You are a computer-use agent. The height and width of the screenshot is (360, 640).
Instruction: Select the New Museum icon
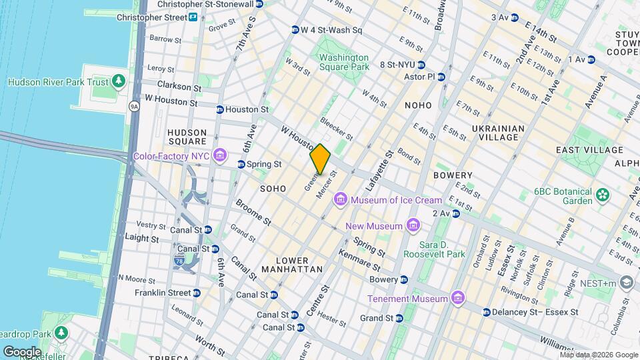click(x=413, y=226)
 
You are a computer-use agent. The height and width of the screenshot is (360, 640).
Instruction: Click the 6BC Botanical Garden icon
click(x=603, y=195)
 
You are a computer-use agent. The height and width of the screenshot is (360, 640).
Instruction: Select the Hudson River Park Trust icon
click(x=119, y=81)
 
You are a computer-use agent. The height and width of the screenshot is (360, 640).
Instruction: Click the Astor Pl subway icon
click(x=441, y=77)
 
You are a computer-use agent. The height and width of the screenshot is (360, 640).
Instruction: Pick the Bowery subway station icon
click(x=404, y=279)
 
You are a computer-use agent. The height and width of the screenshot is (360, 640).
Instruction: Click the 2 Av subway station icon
click(x=456, y=213)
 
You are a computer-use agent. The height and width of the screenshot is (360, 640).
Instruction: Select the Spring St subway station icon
click(x=241, y=164)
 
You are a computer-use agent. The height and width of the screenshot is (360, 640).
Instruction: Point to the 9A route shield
click(x=134, y=106)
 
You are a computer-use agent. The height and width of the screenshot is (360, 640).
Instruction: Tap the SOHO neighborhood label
click(x=273, y=189)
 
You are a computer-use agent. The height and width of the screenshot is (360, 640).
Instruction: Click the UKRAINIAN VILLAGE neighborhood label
click(x=495, y=132)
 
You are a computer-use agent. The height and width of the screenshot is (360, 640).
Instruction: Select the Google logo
click(x=22, y=351)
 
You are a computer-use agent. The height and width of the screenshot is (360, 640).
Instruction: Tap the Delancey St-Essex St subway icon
click(x=487, y=312)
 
